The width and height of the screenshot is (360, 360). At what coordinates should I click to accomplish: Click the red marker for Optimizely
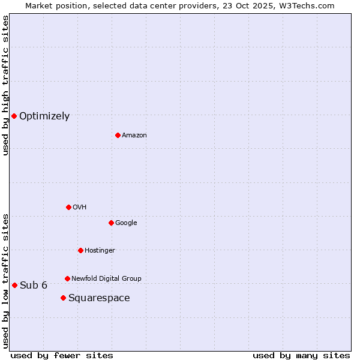coord(14,116)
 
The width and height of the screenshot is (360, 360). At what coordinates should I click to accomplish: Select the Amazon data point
coord(118,135)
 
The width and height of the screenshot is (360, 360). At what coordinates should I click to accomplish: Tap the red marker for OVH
coord(68,207)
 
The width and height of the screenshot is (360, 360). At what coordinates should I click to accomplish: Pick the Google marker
coord(111,223)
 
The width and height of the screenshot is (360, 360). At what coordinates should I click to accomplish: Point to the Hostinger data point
coord(80,250)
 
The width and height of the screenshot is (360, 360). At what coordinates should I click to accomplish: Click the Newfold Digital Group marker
coord(67,278)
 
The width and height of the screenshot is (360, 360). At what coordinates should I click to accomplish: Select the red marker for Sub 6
coord(14,285)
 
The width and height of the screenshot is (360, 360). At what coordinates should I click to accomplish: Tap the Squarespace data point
coord(63,298)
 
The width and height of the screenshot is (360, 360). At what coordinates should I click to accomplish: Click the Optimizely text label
coord(44,116)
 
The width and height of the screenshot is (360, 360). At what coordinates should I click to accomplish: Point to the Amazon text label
coord(134,136)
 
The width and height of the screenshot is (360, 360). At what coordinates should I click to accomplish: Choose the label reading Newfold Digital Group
coord(106,278)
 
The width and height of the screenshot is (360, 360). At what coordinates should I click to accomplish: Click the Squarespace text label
coord(99,298)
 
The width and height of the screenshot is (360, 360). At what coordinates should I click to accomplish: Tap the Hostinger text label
coord(100,250)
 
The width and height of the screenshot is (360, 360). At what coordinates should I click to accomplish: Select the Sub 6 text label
coord(34,285)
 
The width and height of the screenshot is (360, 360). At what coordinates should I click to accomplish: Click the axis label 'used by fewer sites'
coord(62,355)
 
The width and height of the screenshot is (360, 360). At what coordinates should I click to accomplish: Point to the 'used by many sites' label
coord(301,355)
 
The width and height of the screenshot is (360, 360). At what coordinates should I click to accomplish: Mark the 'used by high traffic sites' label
coord(5,85)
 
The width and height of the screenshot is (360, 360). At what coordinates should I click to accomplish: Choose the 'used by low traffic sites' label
coord(5,280)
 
